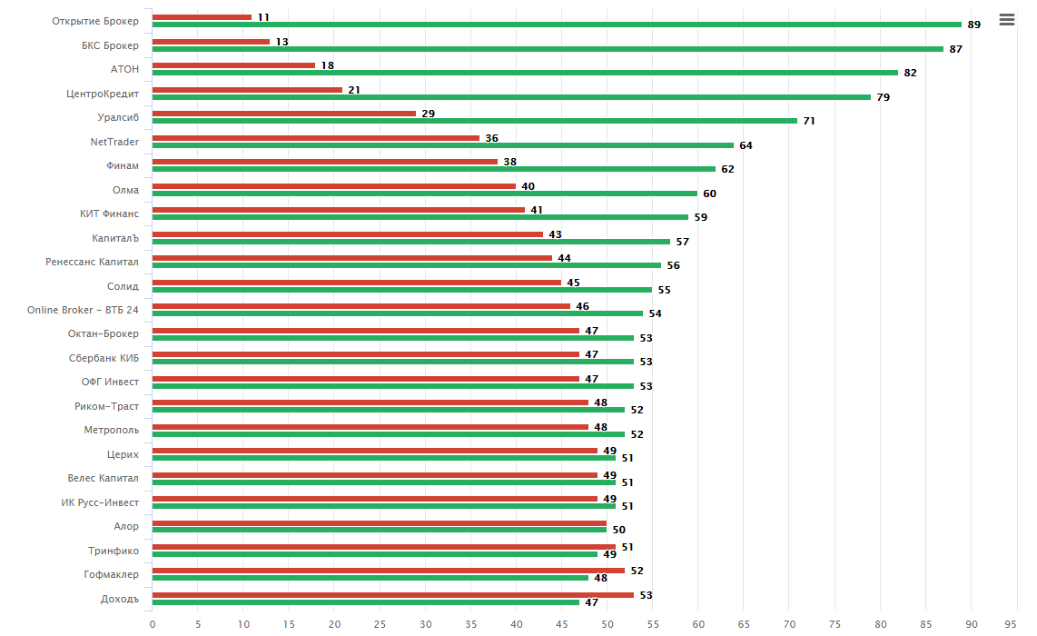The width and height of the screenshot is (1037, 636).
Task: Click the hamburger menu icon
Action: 1006,19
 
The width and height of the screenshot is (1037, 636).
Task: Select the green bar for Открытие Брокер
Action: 557,25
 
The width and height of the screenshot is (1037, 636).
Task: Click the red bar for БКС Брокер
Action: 211,42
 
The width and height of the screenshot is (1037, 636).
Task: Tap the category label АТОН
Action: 124,69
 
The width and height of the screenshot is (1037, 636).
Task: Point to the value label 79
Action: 883,97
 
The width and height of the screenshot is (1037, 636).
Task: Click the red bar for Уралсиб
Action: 283,114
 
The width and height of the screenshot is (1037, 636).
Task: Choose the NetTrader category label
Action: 114,142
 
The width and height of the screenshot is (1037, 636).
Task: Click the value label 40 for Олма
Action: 528,186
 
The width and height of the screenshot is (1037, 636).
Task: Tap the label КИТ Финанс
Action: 109,214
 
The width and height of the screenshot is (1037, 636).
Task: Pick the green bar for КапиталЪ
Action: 410,242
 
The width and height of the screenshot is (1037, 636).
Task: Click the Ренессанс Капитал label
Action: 93,262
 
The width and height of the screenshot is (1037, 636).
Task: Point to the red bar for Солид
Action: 356,282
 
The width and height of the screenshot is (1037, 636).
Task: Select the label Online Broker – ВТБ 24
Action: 83,310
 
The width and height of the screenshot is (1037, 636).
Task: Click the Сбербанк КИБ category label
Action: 104,358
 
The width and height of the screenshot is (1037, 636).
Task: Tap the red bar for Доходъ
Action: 392,595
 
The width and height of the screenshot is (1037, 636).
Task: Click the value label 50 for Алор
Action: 618,530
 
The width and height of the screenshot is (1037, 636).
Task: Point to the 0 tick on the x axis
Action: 153,624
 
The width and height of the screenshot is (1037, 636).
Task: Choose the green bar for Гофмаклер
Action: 370,578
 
